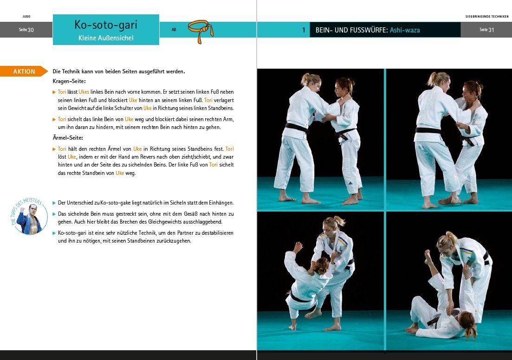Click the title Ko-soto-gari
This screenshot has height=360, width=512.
pyautogui.click(x=106, y=25)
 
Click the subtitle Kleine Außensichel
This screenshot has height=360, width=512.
pyautogui.click(x=106, y=38)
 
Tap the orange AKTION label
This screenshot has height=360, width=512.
pyautogui.click(x=24, y=71)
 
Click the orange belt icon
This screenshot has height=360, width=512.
pyautogui.click(x=201, y=31)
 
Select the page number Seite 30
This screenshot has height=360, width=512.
pyautogui.click(x=26, y=30)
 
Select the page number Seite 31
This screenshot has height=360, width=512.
pyautogui.click(x=486, y=30)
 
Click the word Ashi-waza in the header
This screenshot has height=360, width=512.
pyautogui.click(x=405, y=30)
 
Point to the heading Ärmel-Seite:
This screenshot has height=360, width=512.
pyautogui.click(x=69, y=138)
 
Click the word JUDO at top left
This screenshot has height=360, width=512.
pyautogui.click(x=26, y=16)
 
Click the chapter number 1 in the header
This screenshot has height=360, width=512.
pyautogui.click(x=304, y=30)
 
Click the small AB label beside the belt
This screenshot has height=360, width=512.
pyautogui.click(x=174, y=30)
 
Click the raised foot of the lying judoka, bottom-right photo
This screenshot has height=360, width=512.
pyautogui.click(x=428, y=255)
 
